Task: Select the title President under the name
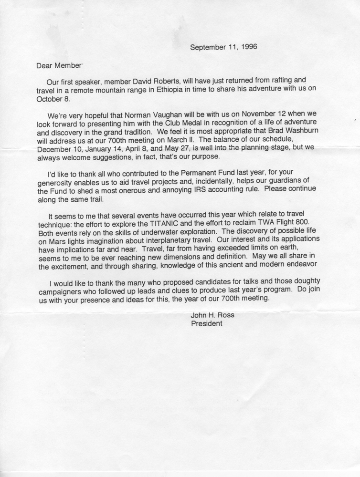coord(207,323)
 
